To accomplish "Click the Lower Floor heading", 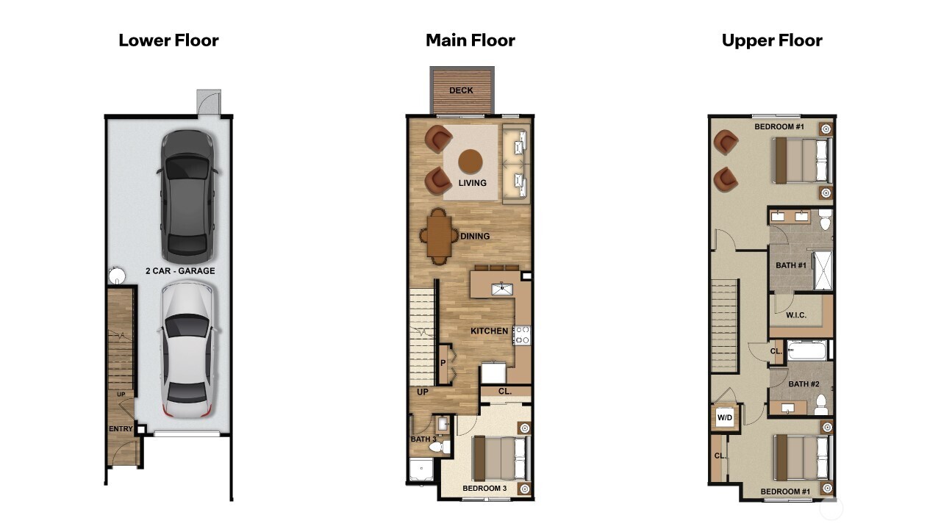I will (x=168, y=40).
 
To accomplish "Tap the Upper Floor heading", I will (x=771, y=40).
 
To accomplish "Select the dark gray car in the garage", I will (x=187, y=196).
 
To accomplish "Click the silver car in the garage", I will (x=188, y=350).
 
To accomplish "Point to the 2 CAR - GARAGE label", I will (x=180, y=271).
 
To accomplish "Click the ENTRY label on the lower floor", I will (x=120, y=429).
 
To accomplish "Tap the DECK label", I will (x=461, y=91).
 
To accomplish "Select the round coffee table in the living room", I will (x=470, y=161).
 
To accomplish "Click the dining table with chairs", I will (x=439, y=236).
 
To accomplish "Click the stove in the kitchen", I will (x=522, y=336).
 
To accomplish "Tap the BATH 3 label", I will (x=423, y=439).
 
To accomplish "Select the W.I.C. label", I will (x=795, y=315).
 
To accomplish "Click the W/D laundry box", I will (x=725, y=418).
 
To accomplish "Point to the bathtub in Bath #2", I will (x=806, y=350).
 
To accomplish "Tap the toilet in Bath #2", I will (x=821, y=404).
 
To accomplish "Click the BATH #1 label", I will (x=791, y=265).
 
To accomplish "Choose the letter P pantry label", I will (x=443, y=363).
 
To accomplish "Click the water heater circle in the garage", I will (x=117, y=276).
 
